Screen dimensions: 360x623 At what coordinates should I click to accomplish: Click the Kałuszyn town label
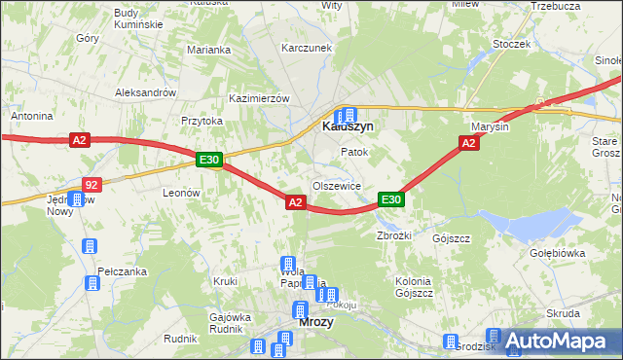[x=348, y=126]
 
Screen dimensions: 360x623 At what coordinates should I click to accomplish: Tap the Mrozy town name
[x=315, y=322]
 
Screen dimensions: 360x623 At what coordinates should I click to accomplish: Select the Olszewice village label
[x=337, y=185]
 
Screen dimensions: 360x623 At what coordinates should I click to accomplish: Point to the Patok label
[x=352, y=153]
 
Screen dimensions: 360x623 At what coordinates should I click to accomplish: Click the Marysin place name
[x=490, y=127]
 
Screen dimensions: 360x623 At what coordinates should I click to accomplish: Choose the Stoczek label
[x=511, y=44]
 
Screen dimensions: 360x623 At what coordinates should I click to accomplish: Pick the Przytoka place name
[x=202, y=121]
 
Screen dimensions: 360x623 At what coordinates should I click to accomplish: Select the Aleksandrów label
[x=144, y=92]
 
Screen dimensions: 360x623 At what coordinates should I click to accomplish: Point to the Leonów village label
[x=181, y=194]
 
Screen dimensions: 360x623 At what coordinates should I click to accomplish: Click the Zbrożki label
[x=395, y=235]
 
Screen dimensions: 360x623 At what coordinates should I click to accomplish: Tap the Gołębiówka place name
[x=555, y=253]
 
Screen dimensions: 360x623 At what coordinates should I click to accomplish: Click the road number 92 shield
[x=91, y=184]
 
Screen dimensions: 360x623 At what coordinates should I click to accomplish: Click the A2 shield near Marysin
[x=468, y=143]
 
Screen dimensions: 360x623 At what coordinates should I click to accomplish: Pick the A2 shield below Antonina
[x=80, y=141]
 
